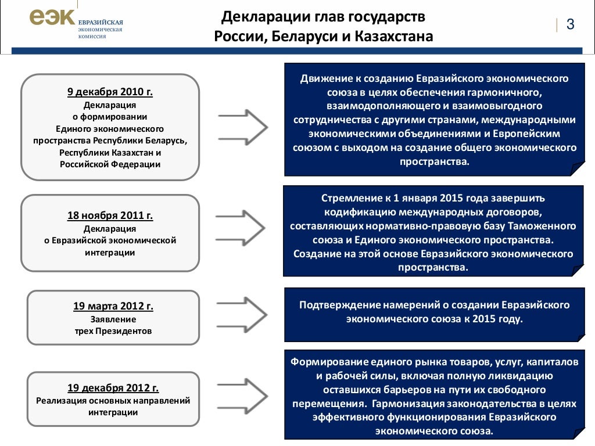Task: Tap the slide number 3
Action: (570, 24)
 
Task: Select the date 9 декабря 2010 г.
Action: (110, 92)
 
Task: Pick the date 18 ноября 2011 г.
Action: (110, 215)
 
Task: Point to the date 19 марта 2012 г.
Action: (113, 305)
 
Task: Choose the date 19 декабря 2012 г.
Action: (113, 388)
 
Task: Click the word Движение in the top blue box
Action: (327, 78)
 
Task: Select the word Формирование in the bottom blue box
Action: (327, 362)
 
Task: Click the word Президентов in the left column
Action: (127, 331)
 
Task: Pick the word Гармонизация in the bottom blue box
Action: (400, 404)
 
